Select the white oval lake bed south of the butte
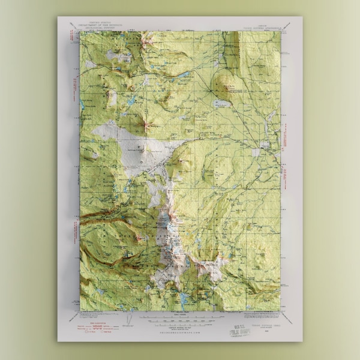(221, 103)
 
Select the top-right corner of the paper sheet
(302, 17)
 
